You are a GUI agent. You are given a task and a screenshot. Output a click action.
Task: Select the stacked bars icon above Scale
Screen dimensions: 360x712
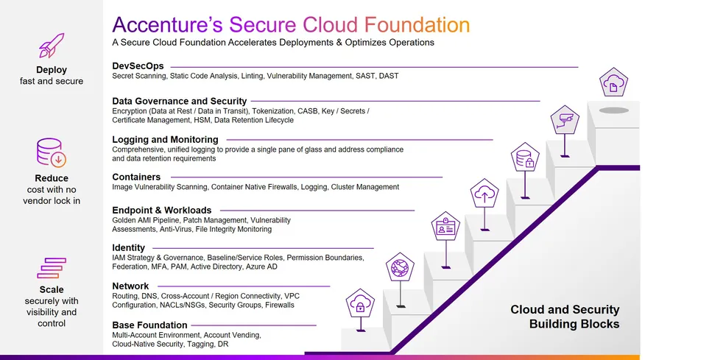pos(52,267)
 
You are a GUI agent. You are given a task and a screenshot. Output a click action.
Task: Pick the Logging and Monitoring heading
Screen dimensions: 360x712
pos(165,139)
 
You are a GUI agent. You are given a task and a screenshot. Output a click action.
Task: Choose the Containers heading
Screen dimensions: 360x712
pos(136,177)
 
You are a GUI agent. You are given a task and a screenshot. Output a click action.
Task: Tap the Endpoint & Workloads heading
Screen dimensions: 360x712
pos(161,210)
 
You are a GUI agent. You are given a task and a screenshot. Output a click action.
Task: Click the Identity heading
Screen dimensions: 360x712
pos(128,247)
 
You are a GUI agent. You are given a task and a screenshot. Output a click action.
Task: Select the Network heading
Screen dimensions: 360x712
pos(130,286)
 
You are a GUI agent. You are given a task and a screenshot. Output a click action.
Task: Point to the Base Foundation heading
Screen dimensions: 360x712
pos(149,325)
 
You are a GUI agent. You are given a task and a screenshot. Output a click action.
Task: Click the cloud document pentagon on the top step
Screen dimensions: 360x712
pos(613,85)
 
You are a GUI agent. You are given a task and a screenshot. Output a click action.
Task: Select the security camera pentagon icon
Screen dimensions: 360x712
pos(565,120)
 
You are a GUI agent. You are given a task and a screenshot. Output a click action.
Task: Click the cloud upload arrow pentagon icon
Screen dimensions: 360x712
pos(485,194)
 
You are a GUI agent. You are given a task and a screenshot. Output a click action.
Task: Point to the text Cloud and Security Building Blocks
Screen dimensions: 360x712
pos(565,317)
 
